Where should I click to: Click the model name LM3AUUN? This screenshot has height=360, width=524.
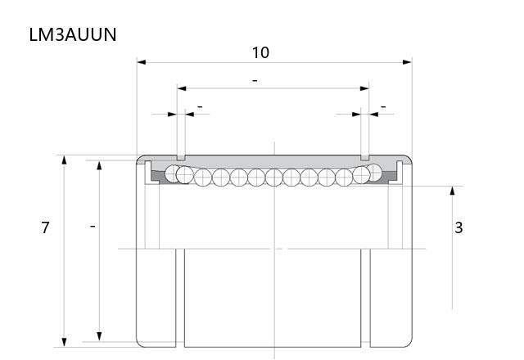73,34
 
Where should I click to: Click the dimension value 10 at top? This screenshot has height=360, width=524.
260,52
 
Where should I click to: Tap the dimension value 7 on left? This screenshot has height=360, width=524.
46,227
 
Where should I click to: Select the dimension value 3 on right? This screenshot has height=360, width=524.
458,227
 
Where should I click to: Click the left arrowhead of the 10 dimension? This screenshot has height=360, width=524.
142,62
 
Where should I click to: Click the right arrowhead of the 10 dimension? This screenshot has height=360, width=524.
408,62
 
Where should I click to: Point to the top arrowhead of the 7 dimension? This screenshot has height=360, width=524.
64,160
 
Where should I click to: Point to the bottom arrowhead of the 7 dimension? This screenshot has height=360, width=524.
64,342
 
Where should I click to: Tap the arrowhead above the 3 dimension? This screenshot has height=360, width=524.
453,191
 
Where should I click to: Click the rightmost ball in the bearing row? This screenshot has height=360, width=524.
375,173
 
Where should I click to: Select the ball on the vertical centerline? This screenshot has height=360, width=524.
274,178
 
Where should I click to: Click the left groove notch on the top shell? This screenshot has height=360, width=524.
181,158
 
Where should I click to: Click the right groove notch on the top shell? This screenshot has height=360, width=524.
365,158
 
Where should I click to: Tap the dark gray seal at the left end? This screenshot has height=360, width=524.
158,177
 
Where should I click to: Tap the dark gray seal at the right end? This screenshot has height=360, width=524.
389,176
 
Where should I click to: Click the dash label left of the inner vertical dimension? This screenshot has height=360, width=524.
93,227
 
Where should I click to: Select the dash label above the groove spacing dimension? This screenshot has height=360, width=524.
255,81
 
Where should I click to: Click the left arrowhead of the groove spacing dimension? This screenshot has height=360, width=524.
182,88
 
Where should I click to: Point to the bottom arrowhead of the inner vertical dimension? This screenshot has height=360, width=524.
99,336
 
